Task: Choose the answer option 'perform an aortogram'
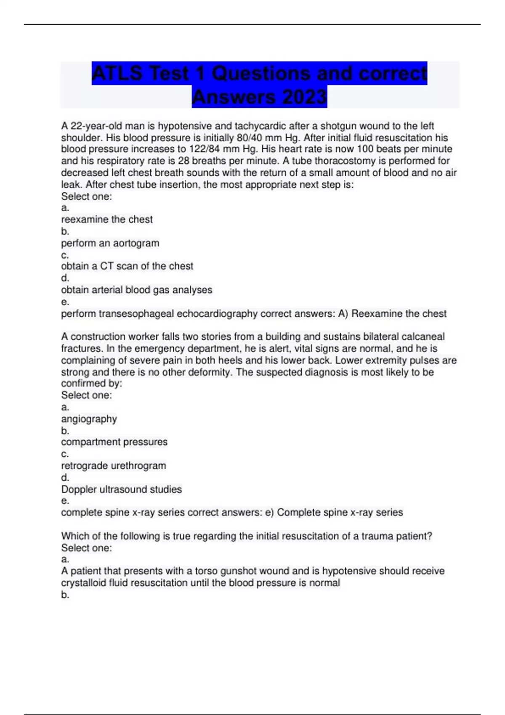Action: pyautogui.click(x=110, y=243)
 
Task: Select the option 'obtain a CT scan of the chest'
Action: pyautogui.click(x=127, y=266)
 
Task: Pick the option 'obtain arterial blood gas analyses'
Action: pyautogui.click(x=136, y=290)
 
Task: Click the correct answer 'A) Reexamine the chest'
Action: pyautogui.click(x=392, y=314)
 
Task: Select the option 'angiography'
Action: pyautogui.click(x=89, y=419)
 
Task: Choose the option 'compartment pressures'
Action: pyautogui.click(x=114, y=442)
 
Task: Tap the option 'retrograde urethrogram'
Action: pyautogui.click(x=113, y=466)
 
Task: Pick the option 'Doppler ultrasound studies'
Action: pyautogui.click(x=121, y=489)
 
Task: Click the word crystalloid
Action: pyautogui.click(x=83, y=583)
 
